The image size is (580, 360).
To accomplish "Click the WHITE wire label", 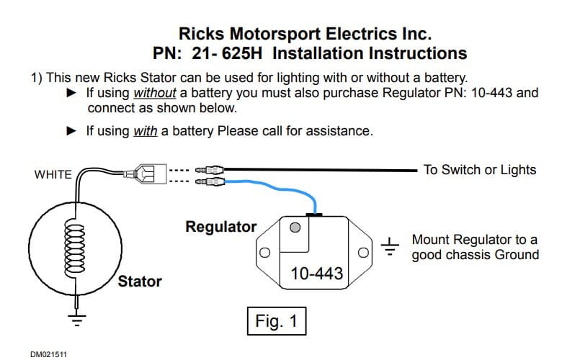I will point(53,174).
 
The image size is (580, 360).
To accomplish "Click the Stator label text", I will point(140,281).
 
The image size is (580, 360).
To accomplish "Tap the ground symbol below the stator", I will point(72,316).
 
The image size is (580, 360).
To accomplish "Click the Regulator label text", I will point(220,227).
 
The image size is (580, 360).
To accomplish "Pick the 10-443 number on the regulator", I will point(316,274).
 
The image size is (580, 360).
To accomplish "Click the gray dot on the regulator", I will point(295,228).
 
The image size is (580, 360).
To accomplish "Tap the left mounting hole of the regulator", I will point(264,253).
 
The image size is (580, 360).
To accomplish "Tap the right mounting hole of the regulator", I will point(365,253).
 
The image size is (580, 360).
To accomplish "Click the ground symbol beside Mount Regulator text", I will point(390,246).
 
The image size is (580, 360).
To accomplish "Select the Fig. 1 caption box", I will point(276,320).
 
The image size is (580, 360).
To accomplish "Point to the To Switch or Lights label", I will point(479,170).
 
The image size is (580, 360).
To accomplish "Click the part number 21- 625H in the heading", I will point(228,53).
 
